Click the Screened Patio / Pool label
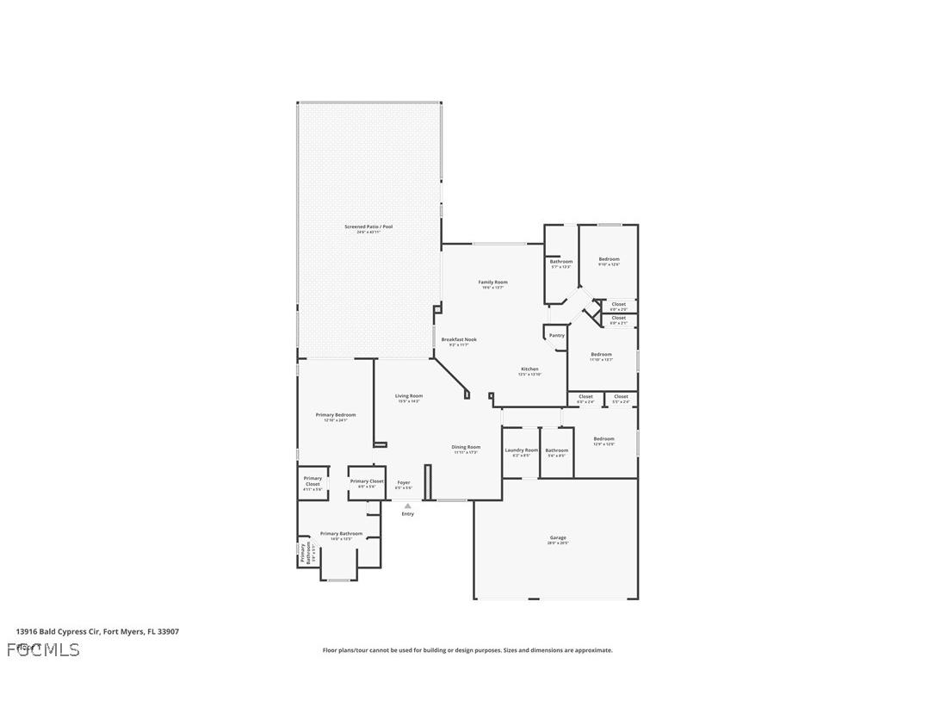tap(368, 226)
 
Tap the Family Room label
tap(492, 282)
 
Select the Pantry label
tap(556, 335)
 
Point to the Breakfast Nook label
tap(459, 339)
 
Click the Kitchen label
tap(529, 369)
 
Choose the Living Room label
tap(409, 396)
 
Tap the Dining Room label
tap(466, 447)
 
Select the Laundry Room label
tap(521, 450)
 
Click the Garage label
tap(559, 538)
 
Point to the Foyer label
tap(403, 483)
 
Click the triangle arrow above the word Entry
tap(407, 506)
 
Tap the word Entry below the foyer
tap(407, 514)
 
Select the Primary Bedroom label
tap(335, 415)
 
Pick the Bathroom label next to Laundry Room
tap(556, 450)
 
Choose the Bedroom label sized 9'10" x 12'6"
tap(609, 259)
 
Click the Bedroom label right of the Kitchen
tap(601, 355)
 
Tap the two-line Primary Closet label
tap(313, 481)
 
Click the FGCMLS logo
tap(43, 649)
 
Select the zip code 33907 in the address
tap(169, 631)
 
